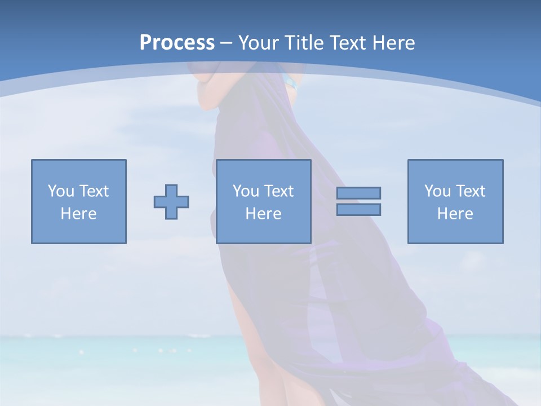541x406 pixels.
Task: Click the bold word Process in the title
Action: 177,43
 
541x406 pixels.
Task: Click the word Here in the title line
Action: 394,43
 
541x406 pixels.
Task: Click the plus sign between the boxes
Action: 171,201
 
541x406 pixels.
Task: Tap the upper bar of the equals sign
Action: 358,193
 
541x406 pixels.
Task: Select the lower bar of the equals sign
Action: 358,209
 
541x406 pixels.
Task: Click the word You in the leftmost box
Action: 61,191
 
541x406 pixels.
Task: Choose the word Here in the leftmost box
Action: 78,214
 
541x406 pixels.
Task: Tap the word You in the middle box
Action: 246,191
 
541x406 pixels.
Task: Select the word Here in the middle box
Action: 263,214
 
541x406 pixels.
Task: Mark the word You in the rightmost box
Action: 437,191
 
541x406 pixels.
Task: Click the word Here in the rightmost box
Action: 455,214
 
